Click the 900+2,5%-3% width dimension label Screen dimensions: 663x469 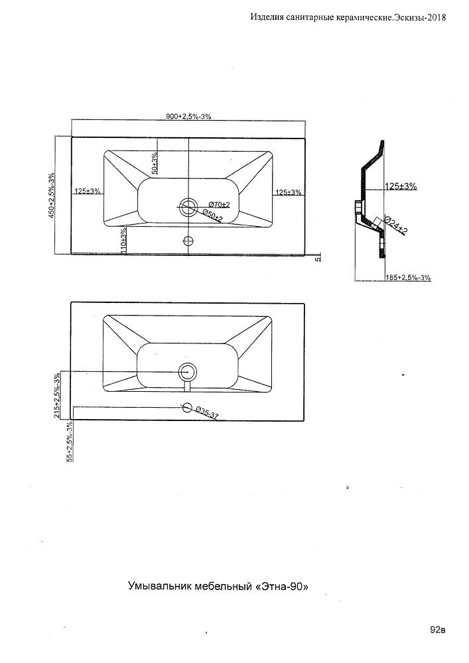click(x=188, y=117)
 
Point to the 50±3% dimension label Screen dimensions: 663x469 click(x=154, y=163)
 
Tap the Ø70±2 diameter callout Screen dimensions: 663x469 click(x=219, y=204)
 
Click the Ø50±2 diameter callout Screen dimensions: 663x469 click(x=212, y=215)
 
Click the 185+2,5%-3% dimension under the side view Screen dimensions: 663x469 click(x=407, y=278)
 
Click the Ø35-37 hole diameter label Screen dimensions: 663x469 click(x=208, y=413)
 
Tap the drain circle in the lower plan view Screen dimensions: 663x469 click(x=188, y=373)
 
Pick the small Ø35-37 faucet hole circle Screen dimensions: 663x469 click(x=188, y=408)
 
